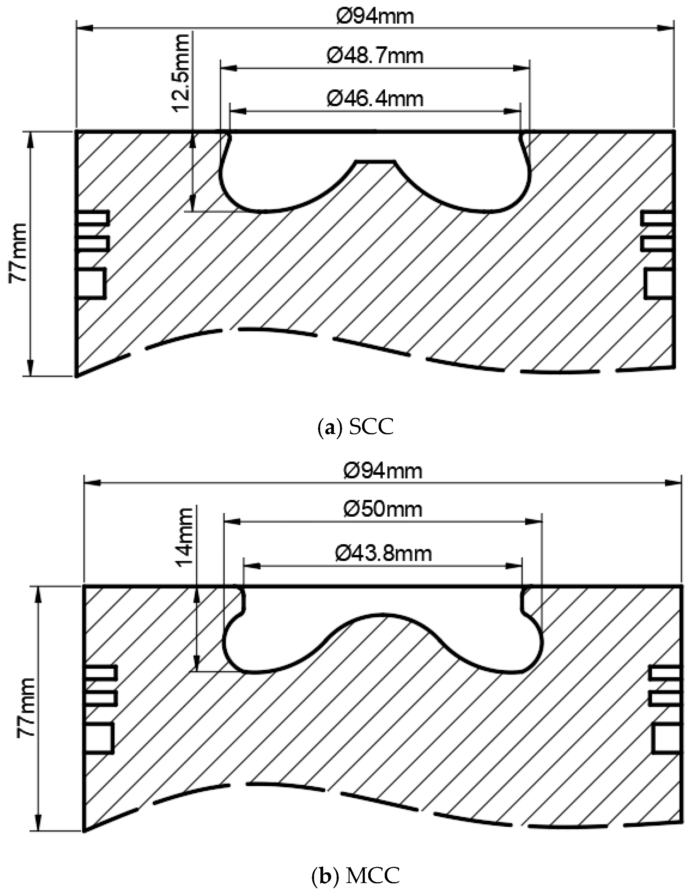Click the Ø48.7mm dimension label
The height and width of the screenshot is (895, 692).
point(375,56)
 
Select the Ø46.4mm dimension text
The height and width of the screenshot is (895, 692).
point(375,99)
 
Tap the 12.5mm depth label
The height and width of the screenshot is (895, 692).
point(181,73)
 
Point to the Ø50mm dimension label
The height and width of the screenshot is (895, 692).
point(383,509)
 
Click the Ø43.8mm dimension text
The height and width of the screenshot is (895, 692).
point(383,554)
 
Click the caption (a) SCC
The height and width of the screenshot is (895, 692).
point(355,427)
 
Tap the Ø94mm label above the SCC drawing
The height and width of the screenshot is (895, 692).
point(375,17)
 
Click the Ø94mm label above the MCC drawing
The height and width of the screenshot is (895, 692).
point(383,471)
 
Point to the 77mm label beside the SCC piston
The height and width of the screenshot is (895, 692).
point(18,253)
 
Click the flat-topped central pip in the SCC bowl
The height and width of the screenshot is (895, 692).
point(375,162)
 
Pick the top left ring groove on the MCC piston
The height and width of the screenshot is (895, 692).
point(100,673)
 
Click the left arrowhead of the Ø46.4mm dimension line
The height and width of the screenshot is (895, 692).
point(238,110)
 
